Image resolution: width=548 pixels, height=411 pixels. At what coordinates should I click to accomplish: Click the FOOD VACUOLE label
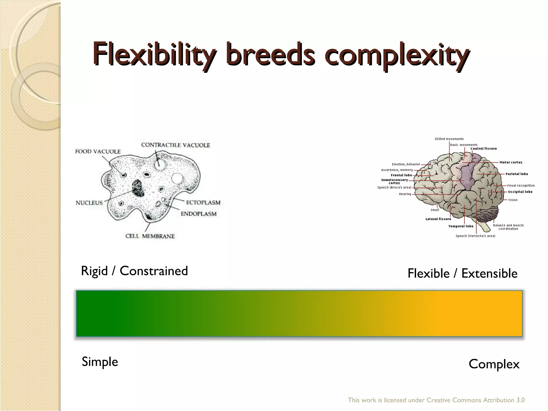[98, 151]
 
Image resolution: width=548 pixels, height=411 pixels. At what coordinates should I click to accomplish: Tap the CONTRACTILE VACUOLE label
[176, 145]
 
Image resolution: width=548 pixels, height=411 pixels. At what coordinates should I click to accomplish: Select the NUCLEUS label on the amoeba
[89, 203]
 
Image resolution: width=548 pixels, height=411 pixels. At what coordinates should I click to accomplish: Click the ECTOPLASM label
[203, 203]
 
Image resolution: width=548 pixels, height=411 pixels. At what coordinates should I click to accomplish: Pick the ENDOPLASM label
[199, 214]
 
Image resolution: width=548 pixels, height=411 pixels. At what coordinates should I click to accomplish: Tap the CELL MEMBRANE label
[150, 236]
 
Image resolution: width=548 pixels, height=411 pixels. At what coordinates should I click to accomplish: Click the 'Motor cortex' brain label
[511, 162]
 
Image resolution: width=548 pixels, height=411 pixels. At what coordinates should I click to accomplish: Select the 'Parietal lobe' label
[517, 174]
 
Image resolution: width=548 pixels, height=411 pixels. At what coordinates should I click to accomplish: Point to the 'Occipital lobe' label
[520, 192]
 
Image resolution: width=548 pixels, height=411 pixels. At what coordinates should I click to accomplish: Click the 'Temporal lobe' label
[461, 226]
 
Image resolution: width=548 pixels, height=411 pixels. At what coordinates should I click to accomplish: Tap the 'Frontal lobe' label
[401, 175]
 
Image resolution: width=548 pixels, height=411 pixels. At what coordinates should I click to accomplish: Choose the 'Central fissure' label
[484, 149]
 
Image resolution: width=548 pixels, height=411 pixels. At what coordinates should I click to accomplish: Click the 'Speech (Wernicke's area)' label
[475, 236]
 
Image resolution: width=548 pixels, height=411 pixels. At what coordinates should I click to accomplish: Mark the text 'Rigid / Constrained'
[134, 271]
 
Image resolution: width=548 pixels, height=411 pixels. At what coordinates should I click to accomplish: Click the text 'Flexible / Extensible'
[462, 273]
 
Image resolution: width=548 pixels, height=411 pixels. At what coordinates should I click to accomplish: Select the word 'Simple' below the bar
[100, 362]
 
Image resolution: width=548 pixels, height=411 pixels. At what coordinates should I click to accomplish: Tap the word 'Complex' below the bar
[494, 364]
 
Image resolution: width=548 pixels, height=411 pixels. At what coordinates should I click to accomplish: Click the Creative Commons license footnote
[436, 400]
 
